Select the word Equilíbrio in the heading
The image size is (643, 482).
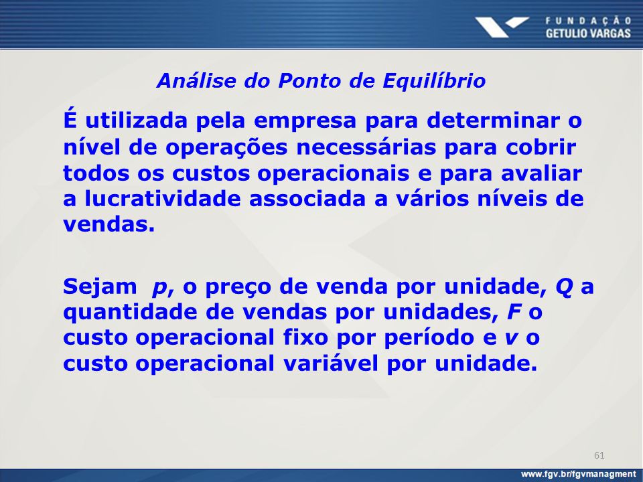[434, 81]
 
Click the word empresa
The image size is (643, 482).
[305, 122]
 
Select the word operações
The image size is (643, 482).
[226, 148]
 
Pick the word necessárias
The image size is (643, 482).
[366, 147]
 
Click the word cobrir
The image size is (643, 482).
[541, 147]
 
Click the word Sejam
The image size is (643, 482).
[100, 287]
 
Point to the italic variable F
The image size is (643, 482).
[514, 312]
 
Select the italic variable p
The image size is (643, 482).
[159, 289]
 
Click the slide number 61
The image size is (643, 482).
[599, 455]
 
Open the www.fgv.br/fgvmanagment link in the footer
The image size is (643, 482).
[578, 474]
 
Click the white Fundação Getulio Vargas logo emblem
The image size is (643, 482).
[502, 27]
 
